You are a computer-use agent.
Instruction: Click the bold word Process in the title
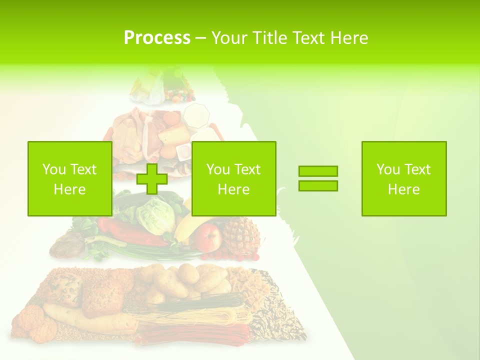point(157,38)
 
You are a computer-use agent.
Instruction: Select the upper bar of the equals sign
point(318,171)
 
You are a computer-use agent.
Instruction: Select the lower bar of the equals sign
point(318,185)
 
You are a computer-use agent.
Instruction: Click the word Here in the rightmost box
point(404,189)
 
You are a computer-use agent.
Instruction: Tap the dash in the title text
point(200,38)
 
